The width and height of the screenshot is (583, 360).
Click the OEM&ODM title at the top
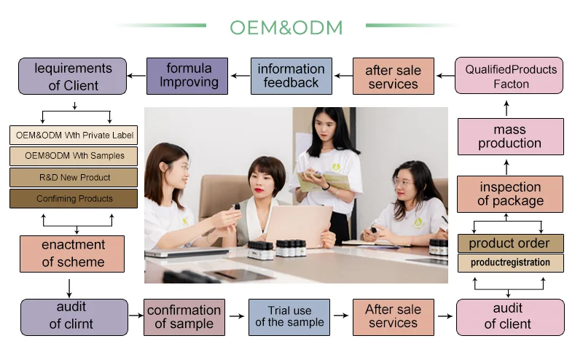point(286,28)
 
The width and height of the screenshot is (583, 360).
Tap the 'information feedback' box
point(291,76)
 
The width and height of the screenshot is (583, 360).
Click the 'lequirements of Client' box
point(74,77)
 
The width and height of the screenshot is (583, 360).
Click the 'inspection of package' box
point(510,194)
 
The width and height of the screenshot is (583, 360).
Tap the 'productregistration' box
point(510,262)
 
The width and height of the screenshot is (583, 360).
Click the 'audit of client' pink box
point(510,317)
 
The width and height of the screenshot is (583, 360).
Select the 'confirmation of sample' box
point(184,317)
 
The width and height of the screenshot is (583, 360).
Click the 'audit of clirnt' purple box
point(75,317)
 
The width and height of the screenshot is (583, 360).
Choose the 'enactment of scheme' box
point(73,254)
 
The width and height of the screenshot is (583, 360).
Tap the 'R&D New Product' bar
point(74,177)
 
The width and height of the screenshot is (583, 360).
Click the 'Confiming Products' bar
point(74,198)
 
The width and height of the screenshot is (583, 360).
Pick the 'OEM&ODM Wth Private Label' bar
point(74,135)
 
